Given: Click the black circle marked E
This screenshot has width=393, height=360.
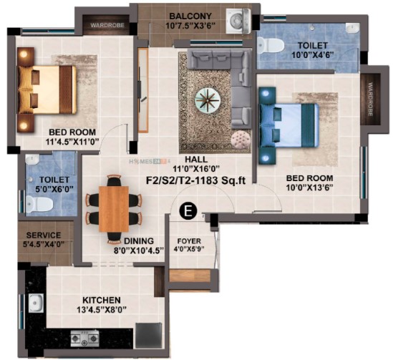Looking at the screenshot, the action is (188, 211).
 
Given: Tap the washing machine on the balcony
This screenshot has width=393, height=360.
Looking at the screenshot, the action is (238, 21).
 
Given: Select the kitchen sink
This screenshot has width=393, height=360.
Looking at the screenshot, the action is (36, 303).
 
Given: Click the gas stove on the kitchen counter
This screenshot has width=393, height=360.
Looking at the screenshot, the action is (84, 339).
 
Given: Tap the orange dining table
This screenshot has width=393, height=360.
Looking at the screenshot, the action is (114, 209).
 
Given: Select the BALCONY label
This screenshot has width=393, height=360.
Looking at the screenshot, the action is (190, 16).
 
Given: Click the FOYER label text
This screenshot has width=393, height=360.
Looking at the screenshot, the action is (189, 241).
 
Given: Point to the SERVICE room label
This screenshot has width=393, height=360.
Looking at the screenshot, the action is (44, 235).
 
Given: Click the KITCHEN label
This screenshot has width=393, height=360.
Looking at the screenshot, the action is (102, 300).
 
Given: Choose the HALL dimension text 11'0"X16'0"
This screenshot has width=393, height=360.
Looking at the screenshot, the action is (196, 168).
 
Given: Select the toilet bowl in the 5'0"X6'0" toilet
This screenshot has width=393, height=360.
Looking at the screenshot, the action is (39, 204).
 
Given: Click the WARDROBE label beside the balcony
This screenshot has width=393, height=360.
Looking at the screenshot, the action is (107, 25).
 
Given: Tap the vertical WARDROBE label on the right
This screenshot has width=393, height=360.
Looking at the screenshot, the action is (370, 99).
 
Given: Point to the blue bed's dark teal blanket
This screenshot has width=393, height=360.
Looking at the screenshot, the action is (309, 125).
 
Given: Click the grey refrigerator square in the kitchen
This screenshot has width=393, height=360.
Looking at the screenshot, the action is (149, 336).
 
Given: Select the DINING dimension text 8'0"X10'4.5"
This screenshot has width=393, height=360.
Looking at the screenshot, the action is (139, 250).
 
